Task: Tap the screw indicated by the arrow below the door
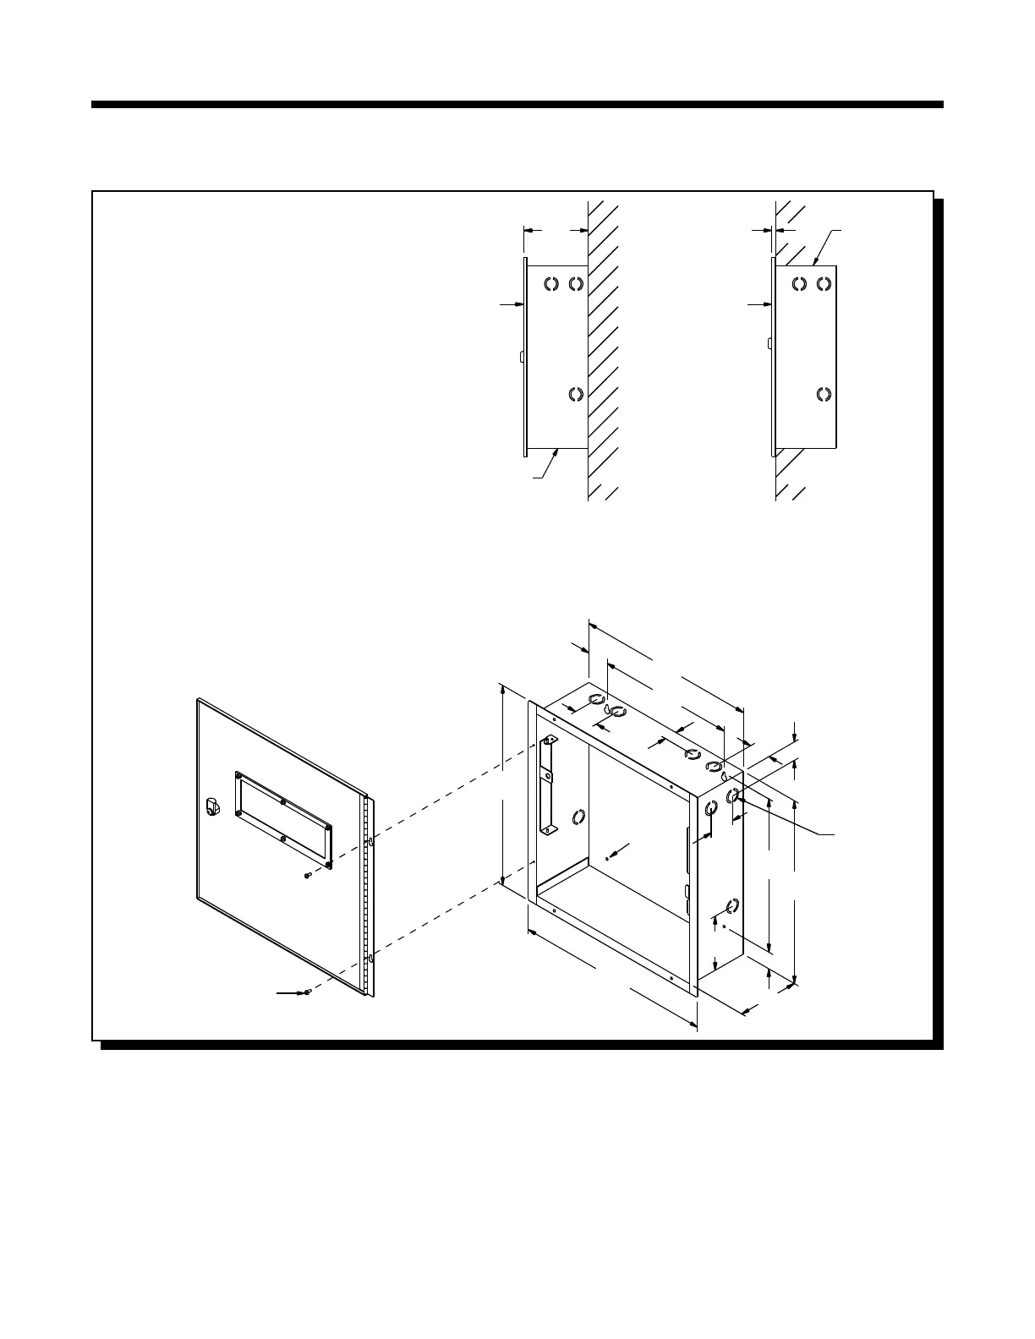click(310, 992)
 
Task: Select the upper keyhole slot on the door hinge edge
click(370, 843)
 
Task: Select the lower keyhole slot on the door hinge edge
click(370, 959)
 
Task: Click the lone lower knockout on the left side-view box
click(576, 394)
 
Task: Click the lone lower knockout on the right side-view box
click(823, 394)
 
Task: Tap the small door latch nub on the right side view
click(768, 343)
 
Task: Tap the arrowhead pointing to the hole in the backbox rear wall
click(615, 852)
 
